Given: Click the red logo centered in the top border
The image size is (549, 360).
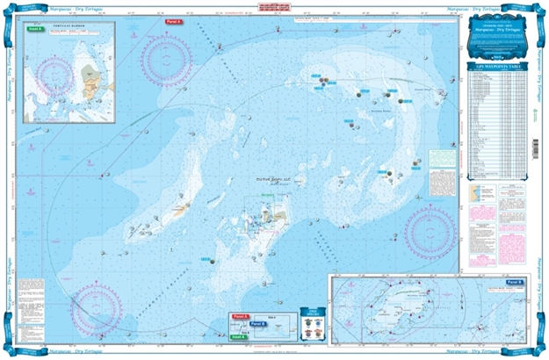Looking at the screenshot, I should point(275,7).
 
